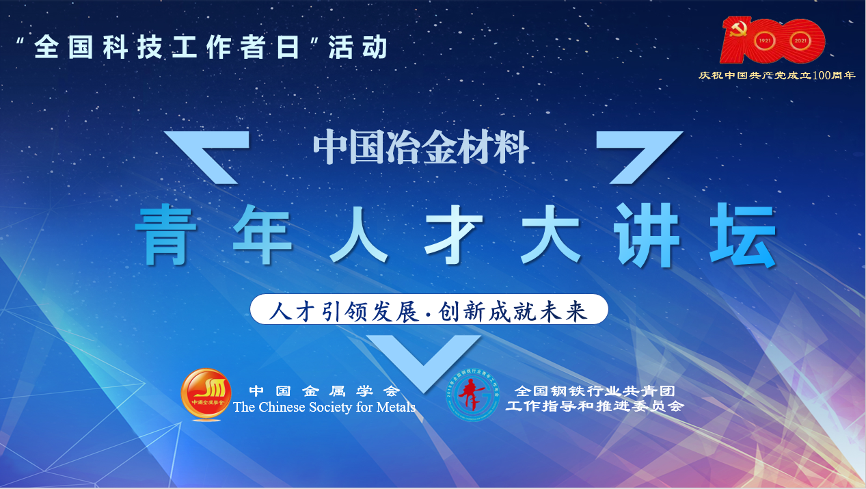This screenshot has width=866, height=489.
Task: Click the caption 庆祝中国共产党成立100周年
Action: point(776,75)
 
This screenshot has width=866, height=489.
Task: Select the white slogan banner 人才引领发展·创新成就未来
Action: point(429,310)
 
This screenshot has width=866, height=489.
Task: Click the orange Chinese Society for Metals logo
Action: point(206,395)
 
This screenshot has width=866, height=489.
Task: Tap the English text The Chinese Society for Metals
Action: point(324,408)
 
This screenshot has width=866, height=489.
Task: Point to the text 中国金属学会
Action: point(324,391)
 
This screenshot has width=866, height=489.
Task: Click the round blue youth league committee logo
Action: point(472,395)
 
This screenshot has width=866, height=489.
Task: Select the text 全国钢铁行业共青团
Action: point(595,391)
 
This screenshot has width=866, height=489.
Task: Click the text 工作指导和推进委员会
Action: point(595,407)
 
